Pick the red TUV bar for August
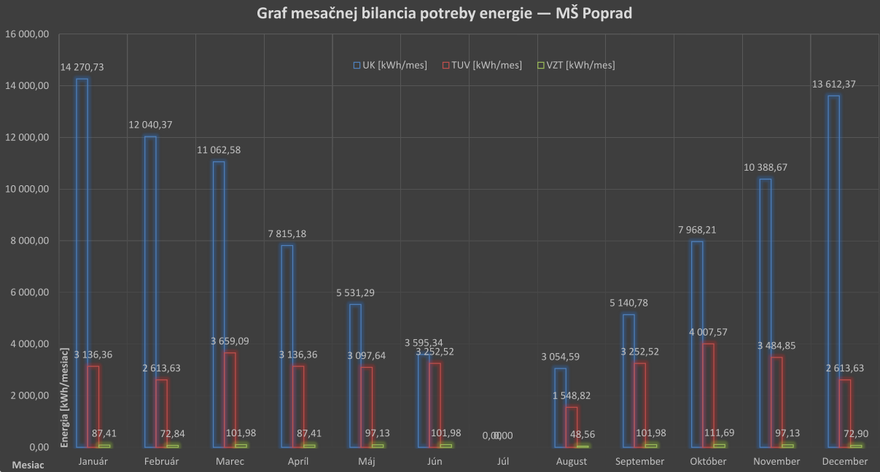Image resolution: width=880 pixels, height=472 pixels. click(x=572, y=427)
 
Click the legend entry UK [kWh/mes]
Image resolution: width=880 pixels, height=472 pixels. click(x=390, y=66)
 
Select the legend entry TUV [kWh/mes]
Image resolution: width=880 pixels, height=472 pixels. click(x=482, y=66)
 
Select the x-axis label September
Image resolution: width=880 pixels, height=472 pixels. click(x=640, y=461)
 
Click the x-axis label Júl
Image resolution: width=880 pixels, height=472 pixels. click(x=504, y=461)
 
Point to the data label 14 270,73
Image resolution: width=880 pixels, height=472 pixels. click(x=82, y=67)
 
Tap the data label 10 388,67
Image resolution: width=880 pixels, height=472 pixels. click(x=766, y=167)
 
